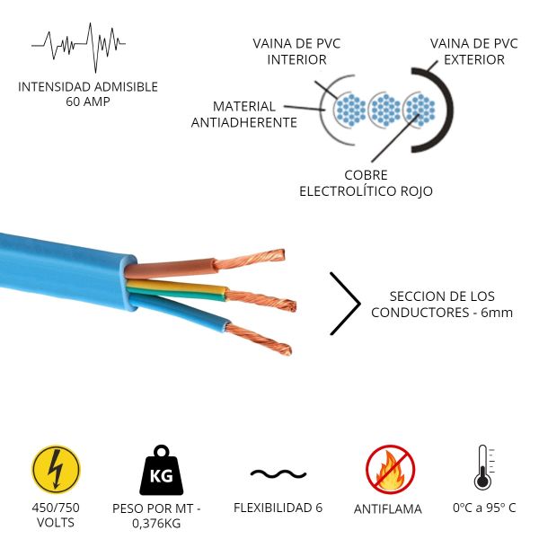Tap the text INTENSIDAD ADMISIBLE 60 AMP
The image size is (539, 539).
tap(87, 94)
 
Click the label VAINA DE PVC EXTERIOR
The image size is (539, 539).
tap(473, 52)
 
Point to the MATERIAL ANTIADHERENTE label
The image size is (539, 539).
tap(244, 114)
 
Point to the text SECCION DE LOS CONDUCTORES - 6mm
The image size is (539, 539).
tap(442, 305)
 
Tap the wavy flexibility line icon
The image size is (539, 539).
tap(278, 473)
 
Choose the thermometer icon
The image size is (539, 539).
tap(483, 467)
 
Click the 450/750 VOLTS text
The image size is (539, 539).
tap(56, 515)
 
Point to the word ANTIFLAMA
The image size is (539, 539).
tap(388, 508)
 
